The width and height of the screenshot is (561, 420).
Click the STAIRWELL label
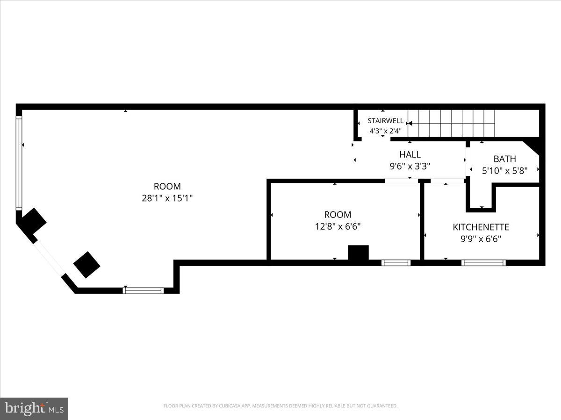[385, 121]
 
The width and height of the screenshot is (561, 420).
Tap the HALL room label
[410, 154]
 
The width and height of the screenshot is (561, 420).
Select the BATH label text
[504, 159]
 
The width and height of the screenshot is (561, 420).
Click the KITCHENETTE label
[481, 227]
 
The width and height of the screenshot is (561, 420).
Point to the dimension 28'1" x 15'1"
[167, 198]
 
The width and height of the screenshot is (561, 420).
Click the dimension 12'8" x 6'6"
[338, 226]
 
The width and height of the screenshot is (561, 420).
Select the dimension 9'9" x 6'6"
[481, 239]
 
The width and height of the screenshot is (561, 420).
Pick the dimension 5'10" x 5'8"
[504, 171]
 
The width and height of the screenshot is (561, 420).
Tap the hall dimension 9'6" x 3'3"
[410, 166]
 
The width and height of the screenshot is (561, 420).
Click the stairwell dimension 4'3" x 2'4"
[385, 131]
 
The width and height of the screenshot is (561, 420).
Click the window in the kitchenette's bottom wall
[483, 263]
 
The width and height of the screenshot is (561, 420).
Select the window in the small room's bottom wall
[396, 263]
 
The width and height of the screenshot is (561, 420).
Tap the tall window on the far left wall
[19, 162]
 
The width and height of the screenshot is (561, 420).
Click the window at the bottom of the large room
[143, 290]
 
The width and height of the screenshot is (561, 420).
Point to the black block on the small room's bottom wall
[359, 252]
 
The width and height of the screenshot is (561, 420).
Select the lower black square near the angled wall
[86, 264]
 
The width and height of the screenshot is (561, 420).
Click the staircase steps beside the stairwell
[451, 123]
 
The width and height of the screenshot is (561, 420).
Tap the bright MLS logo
[34, 408]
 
